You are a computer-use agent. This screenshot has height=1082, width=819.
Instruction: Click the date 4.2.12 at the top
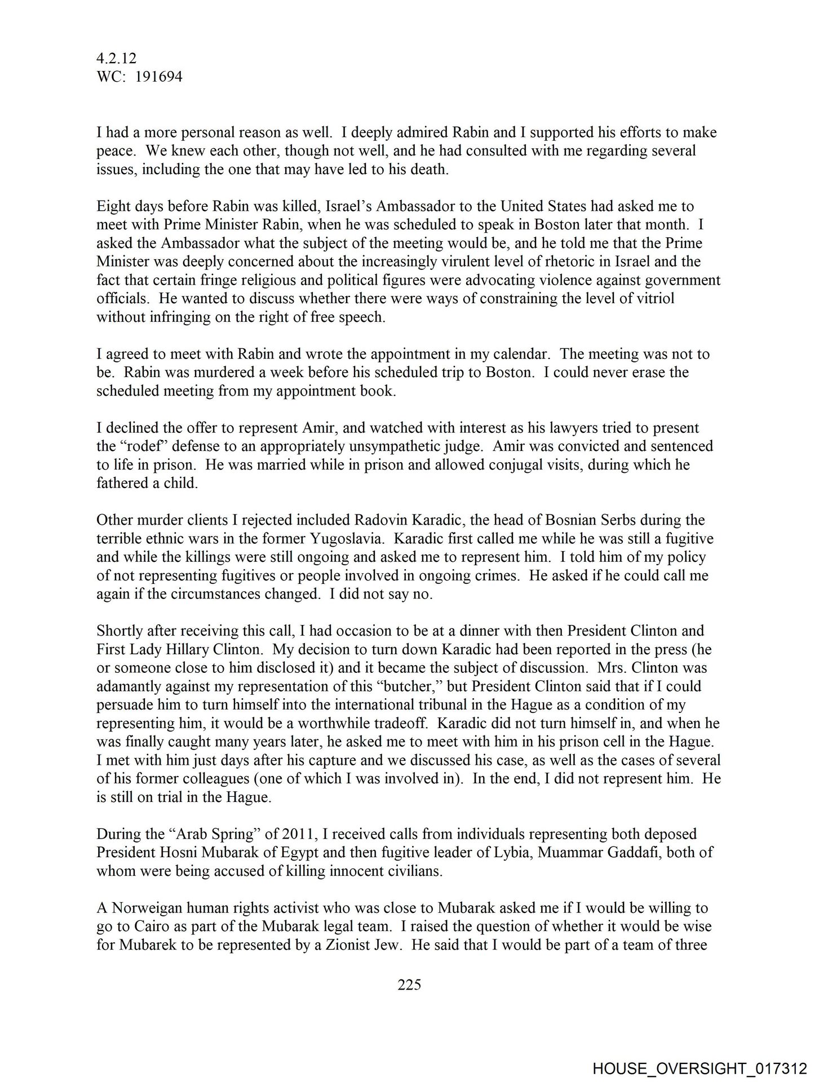pos(117,58)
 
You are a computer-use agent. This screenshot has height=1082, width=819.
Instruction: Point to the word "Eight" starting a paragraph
pos(113,206)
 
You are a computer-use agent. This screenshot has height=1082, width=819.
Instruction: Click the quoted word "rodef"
pos(139,446)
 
